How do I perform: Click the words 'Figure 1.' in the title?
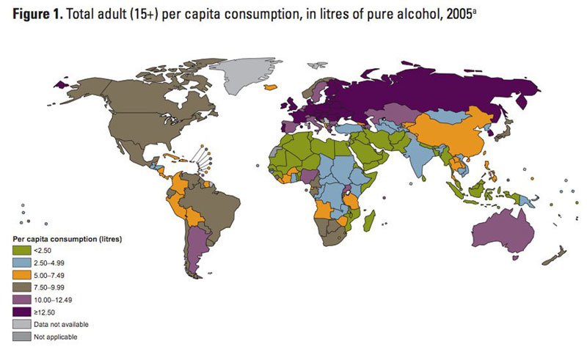point(34,13)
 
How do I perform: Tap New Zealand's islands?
point(553,257)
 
